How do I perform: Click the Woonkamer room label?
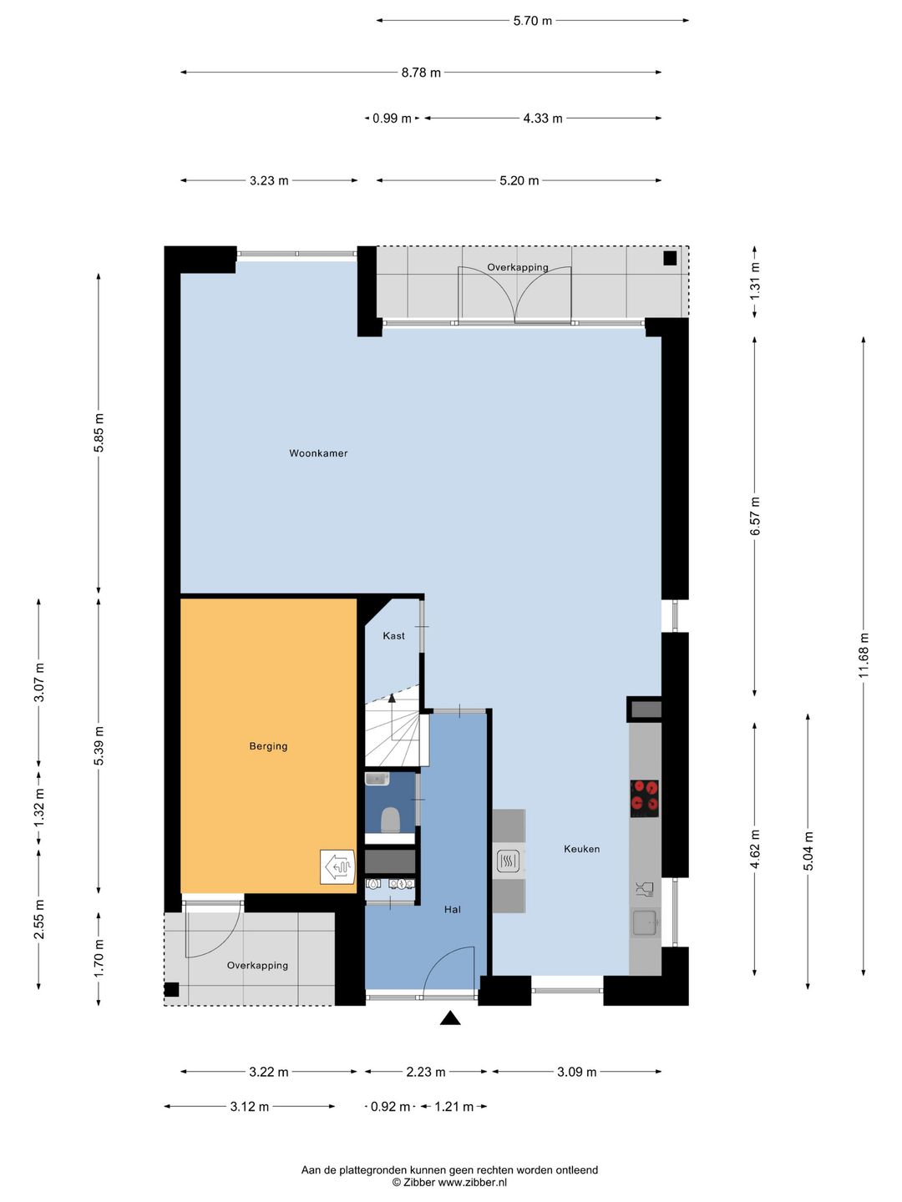pyautogui.click(x=318, y=453)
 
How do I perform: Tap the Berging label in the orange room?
pyautogui.click(x=268, y=746)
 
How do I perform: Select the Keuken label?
pyautogui.click(x=581, y=849)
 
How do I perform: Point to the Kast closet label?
pyautogui.click(x=393, y=636)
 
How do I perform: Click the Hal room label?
pyautogui.click(x=453, y=910)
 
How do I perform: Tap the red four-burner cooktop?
pyautogui.click(x=645, y=799)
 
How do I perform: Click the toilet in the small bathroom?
pyautogui.click(x=390, y=820)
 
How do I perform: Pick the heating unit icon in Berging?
pyautogui.click(x=338, y=867)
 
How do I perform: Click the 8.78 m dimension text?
pyautogui.click(x=421, y=73)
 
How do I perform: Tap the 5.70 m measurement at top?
pyautogui.click(x=533, y=21)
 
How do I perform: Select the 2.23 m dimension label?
pyautogui.click(x=426, y=1072)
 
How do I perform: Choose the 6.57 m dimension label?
pyautogui.click(x=755, y=517)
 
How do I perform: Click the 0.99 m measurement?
pyautogui.click(x=392, y=119)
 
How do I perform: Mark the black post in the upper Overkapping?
pyautogui.click(x=670, y=258)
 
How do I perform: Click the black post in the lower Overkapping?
pyautogui.click(x=172, y=989)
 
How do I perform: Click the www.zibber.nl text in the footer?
pyautogui.click(x=472, y=1182)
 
